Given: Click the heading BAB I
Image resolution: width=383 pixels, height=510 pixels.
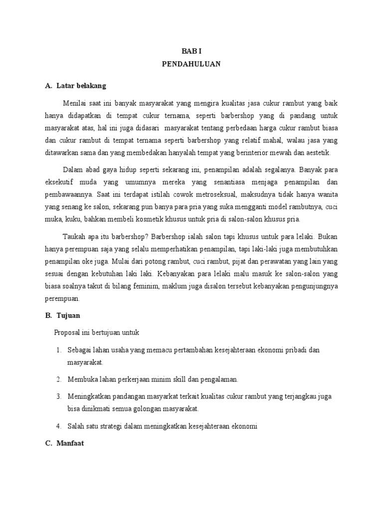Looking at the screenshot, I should pos(191,51).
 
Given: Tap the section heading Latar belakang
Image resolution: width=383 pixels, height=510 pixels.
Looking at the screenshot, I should pos(81,86).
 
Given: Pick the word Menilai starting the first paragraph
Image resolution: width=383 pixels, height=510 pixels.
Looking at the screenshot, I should pos(74,103).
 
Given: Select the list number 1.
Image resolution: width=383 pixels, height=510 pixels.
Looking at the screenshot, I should pos(59,350).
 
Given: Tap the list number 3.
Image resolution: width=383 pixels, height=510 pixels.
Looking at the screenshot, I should pos(59,396).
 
